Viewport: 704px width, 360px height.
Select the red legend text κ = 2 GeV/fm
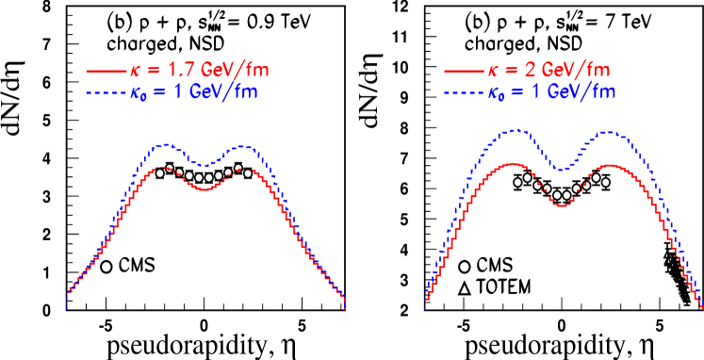(x=550, y=70)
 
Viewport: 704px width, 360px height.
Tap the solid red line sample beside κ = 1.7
(x=104, y=71)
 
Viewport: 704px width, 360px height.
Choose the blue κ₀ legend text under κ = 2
(x=550, y=92)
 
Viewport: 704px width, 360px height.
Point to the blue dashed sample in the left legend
(x=104, y=92)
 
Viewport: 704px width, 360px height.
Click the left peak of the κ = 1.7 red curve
(x=164, y=167)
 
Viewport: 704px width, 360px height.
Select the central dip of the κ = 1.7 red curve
(x=205, y=189)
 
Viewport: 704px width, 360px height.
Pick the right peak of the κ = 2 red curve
(x=611, y=165)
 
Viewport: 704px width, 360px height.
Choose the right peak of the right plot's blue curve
(x=611, y=132)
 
